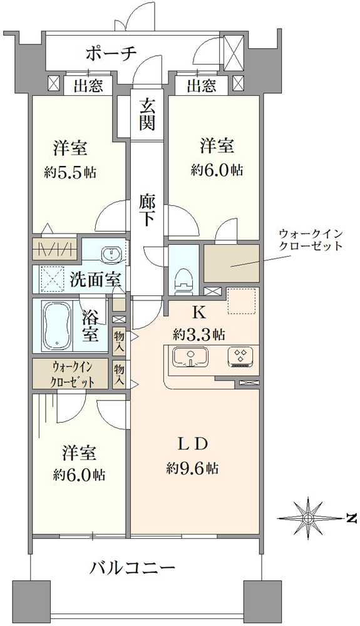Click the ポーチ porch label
tap(111, 53)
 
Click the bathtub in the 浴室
tap(58, 326)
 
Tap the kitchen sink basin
tap(190, 357)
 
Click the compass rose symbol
tap(308, 518)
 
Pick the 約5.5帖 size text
tap(70, 173)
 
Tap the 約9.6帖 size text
tap(192, 468)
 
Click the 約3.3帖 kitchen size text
tap(198, 334)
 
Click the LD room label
tap(192, 444)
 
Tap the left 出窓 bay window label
tap(89, 85)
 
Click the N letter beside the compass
tap(351, 519)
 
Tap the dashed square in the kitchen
tap(242, 300)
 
